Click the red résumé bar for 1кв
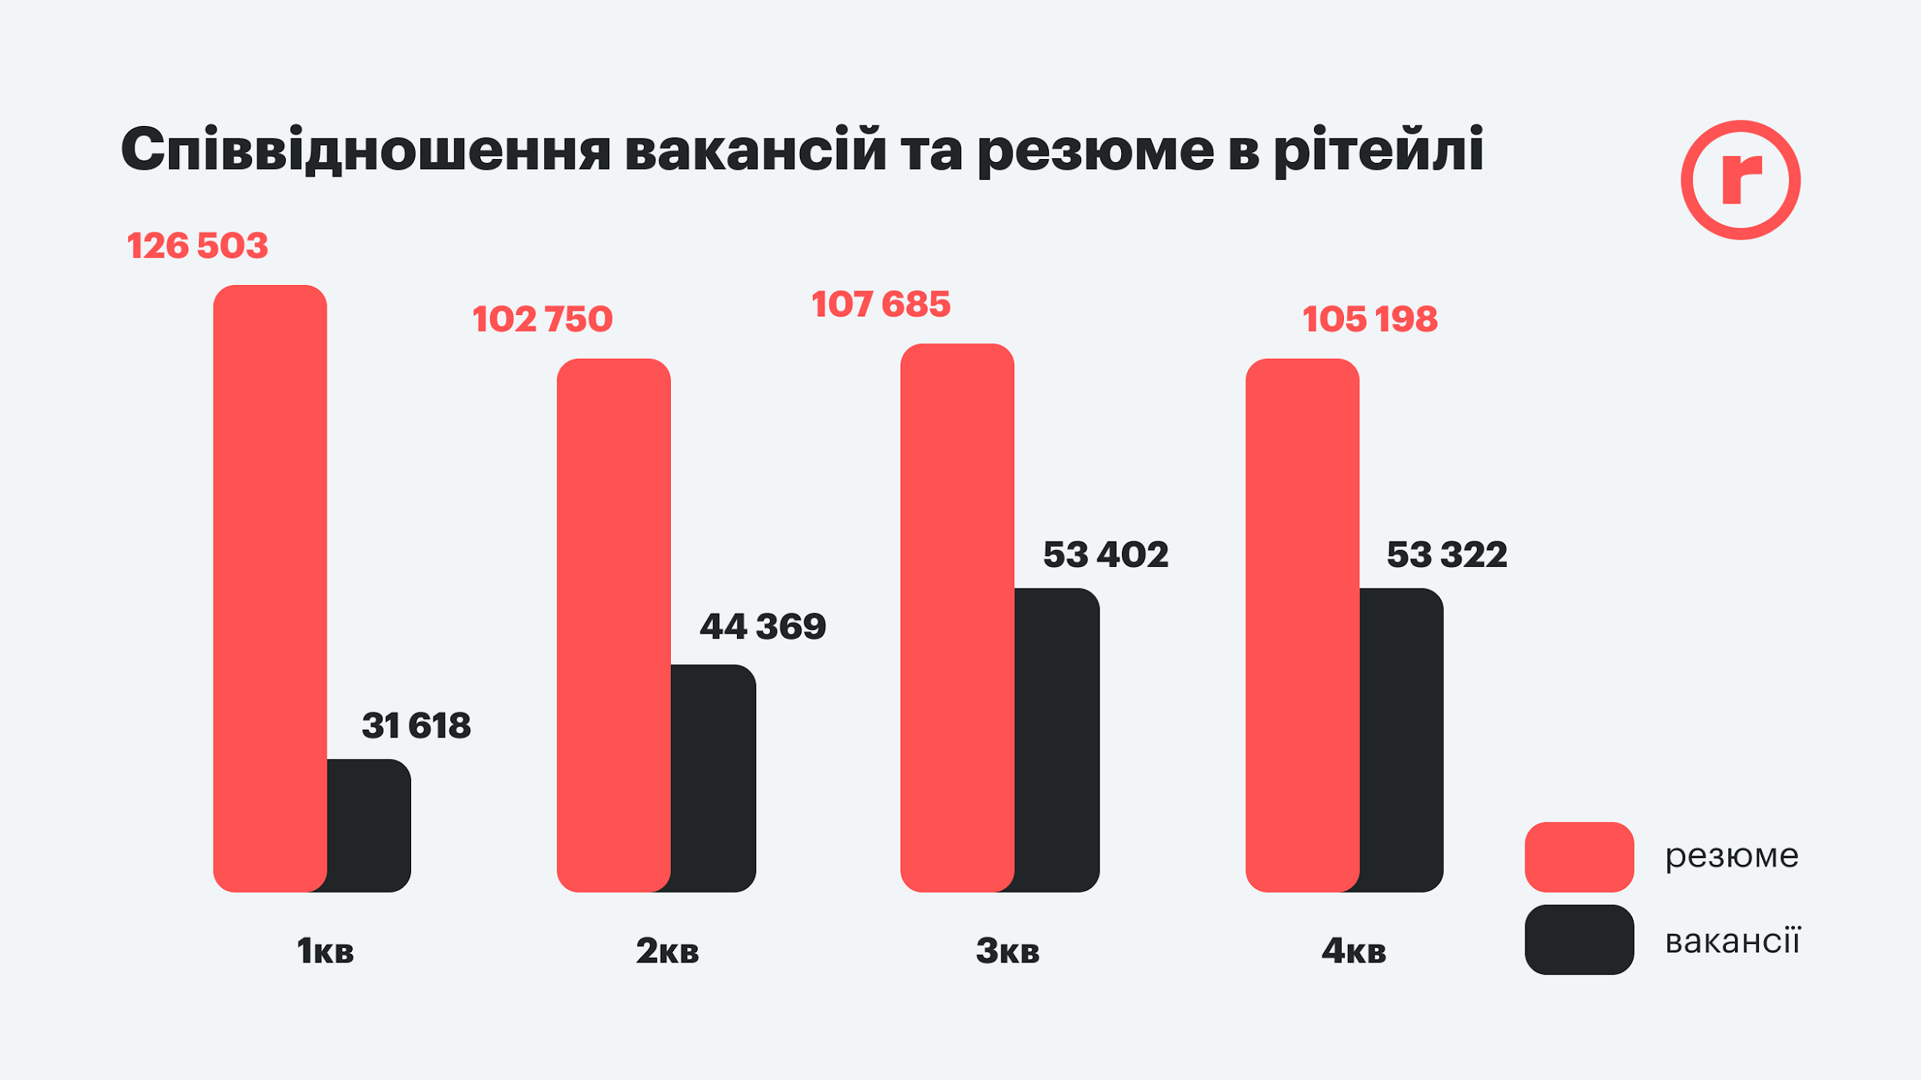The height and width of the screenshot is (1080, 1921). pos(270,588)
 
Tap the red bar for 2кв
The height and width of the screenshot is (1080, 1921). pos(613,624)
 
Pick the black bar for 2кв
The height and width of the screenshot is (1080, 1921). pos(714,777)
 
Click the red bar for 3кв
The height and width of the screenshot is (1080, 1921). pos(957,617)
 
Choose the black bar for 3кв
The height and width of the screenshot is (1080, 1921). pos(1057,740)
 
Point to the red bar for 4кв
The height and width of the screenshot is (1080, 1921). pos(1302,624)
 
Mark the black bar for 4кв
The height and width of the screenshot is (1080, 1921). pos(1402,740)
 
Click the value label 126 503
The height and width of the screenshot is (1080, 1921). pos(197,246)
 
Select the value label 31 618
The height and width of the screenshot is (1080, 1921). pos(416,725)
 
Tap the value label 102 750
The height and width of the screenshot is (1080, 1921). pos(542,320)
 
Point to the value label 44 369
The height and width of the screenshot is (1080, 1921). pos(762,626)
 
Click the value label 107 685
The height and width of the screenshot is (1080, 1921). pos(881,304)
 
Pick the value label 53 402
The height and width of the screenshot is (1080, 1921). pos(1106,555)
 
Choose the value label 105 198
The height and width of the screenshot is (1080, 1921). pos(1369,320)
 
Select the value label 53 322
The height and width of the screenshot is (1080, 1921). pos(1447,555)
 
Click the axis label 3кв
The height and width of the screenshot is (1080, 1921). pos(1007,951)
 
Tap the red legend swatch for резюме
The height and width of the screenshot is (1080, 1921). pos(1579,856)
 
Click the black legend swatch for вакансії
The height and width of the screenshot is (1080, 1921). pos(1579,939)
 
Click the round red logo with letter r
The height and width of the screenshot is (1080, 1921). pos(1740,180)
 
